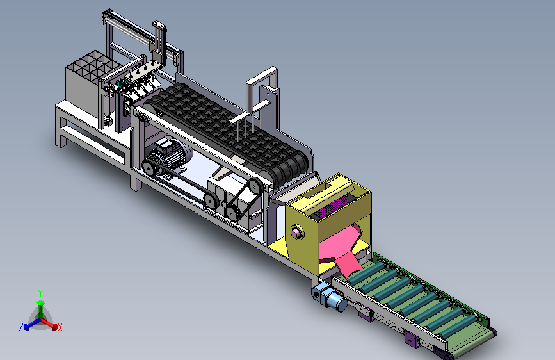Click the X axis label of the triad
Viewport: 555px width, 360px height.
pos(60,327)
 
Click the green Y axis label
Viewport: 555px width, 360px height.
pos(40,293)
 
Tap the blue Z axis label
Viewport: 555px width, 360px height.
pos(21,327)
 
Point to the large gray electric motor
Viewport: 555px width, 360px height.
pos(169,155)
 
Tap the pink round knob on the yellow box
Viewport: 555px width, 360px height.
pos(296,233)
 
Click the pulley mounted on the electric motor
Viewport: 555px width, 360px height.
pos(150,166)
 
